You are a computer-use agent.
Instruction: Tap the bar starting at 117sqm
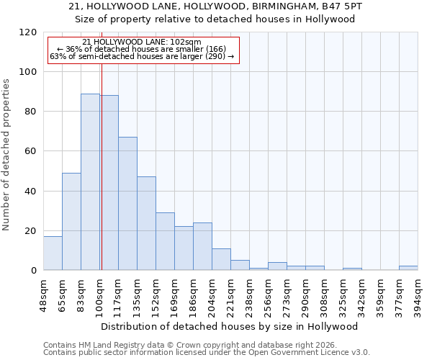(x=127, y=204)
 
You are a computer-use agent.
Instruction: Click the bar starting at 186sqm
(x=202, y=246)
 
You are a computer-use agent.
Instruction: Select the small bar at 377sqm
(x=408, y=268)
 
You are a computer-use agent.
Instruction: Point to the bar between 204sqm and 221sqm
(x=221, y=259)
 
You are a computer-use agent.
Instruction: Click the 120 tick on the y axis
(x=29, y=32)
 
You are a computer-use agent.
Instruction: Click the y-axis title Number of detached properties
(x=6, y=155)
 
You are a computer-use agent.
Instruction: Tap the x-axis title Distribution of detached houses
(x=230, y=326)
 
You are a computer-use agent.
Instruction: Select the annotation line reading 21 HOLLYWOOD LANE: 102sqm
(x=142, y=42)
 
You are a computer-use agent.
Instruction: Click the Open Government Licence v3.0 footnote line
(x=207, y=353)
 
